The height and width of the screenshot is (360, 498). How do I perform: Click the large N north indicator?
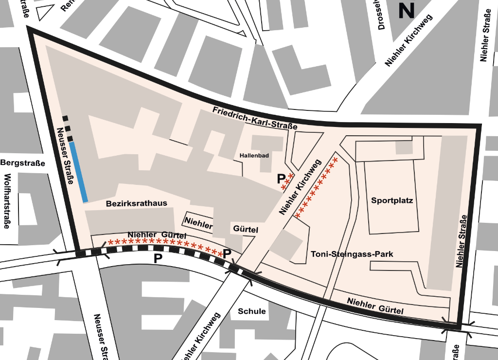click(x=406, y=10)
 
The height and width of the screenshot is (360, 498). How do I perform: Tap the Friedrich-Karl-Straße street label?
click(x=255, y=118)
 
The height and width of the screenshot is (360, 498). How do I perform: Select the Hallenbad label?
click(x=254, y=156)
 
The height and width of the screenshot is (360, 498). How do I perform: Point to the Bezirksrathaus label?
click(x=137, y=204)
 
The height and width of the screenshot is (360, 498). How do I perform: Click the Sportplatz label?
click(x=392, y=200)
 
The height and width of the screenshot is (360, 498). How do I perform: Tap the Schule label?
click(x=252, y=311)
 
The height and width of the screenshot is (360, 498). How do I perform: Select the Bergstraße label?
click(x=23, y=163)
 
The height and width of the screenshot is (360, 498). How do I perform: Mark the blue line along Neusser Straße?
click(x=78, y=172)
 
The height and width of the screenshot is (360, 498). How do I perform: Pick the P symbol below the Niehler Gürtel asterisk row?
click(x=159, y=258)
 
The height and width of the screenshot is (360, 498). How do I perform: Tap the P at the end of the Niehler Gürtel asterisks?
click(x=227, y=253)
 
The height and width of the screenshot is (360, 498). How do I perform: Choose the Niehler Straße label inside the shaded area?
click(x=461, y=241)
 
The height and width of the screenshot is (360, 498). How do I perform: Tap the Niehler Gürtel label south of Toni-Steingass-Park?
click(x=375, y=306)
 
